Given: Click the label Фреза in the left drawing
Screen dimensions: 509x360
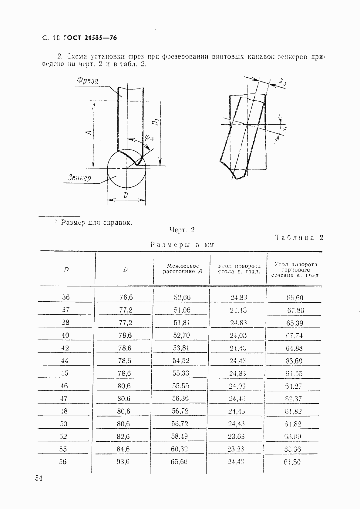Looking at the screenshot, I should point(88,81).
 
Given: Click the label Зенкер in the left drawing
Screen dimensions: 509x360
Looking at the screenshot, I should point(79,178).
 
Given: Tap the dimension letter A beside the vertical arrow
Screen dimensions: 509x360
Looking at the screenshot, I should point(88,133).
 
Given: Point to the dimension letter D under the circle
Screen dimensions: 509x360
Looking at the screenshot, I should point(125,196).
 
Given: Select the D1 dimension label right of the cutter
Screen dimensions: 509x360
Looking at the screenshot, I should point(156,122).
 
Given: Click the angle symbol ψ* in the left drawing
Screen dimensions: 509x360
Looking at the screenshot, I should point(149,138).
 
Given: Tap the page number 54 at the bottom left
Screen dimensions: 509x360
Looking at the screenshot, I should point(39,478).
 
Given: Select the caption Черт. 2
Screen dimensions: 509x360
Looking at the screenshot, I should point(182,230).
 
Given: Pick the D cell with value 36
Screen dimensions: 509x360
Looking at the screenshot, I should point(66,297).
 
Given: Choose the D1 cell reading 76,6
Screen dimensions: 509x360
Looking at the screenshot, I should point(126,297).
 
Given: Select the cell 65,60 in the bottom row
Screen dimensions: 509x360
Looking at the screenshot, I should point(179,461).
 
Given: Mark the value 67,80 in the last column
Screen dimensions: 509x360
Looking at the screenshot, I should point(295,310).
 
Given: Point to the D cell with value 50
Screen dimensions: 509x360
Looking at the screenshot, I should point(63,424).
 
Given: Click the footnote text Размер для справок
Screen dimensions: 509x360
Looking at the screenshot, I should point(96,222).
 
